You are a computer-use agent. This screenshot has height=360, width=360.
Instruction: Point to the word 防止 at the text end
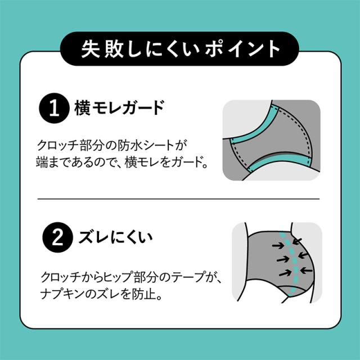point(147,294)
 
